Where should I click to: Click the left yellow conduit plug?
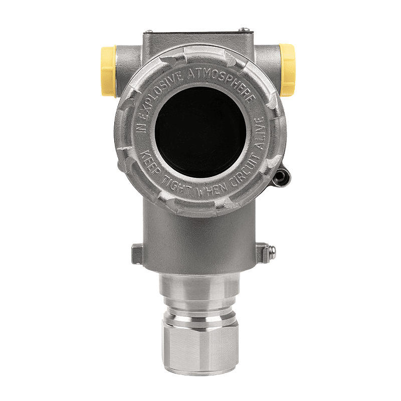click(x=109, y=71)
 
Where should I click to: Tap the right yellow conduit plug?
click(x=287, y=70)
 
